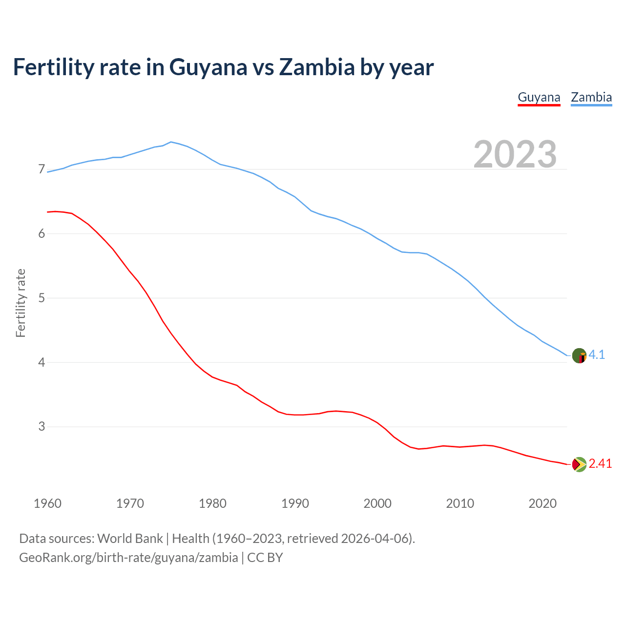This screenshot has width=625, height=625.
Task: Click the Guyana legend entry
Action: [539, 97]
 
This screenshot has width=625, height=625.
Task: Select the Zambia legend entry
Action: [591, 97]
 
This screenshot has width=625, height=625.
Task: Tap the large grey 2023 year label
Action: [515, 154]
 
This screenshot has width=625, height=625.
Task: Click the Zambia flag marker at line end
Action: [579, 355]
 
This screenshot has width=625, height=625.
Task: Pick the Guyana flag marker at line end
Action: [579, 464]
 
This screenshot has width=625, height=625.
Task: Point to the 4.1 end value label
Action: [597, 355]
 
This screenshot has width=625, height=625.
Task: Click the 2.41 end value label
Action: [600, 463]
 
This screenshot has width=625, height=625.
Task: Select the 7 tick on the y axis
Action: [42, 169]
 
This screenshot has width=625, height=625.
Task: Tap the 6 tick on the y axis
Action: [42, 234]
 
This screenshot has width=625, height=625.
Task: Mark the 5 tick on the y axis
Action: [42, 298]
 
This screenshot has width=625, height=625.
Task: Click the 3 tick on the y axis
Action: [42, 427]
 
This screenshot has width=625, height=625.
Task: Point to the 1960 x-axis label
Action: [47, 503]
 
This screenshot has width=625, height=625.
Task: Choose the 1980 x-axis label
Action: [212, 503]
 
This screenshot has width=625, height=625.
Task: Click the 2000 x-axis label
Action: [377, 503]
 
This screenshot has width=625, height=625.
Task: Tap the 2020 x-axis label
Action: [542, 503]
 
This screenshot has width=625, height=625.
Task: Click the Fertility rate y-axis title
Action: [21, 303]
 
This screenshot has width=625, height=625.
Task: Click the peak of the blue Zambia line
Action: [170, 142]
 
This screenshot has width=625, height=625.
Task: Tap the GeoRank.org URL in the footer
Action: [128, 558]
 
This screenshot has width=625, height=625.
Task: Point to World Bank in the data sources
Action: [130, 539]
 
